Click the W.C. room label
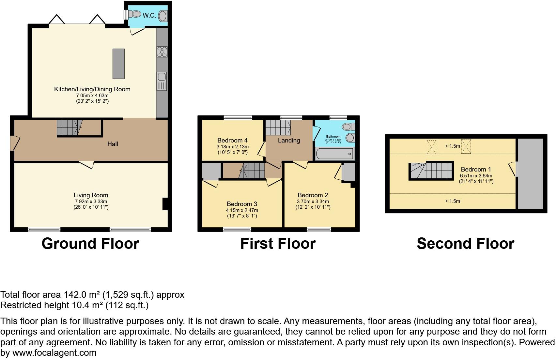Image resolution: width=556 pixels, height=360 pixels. coord(149,15)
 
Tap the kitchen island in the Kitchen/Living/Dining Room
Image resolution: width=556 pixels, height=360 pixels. coord(118,64)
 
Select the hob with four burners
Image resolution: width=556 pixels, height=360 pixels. coord(162,52)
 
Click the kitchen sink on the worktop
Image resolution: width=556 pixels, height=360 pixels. coord(162,77)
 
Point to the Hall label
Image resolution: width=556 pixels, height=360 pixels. coord(113,144)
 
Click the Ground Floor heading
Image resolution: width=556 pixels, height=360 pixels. coord(90,244)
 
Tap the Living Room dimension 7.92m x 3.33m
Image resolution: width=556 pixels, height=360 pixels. coord(90,202)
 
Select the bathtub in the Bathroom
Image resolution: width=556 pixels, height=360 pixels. coord(334,153)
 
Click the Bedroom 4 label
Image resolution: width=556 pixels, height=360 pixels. coord(232,140)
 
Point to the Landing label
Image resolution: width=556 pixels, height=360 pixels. coord(289,140)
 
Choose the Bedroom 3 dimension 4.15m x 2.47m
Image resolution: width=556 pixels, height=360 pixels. coord(242,210)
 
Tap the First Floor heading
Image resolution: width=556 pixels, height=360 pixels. coord(278,244)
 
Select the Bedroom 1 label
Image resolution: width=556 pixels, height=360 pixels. coord(476,169)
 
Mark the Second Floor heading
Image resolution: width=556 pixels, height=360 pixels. coord(465,244)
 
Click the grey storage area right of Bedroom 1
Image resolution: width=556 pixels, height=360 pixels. coord(530,173)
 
